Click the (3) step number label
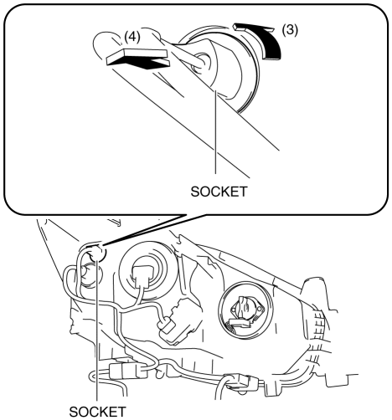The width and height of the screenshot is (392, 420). pyautogui.click(x=290, y=30)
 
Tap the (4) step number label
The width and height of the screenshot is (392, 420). pyautogui.click(x=132, y=37)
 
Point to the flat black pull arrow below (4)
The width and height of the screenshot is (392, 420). pyautogui.click(x=138, y=59)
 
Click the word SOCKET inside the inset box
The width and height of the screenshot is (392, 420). pyautogui.click(x=219, y=192)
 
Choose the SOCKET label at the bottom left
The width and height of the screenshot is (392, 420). pyautogui.click(x=97, y=412)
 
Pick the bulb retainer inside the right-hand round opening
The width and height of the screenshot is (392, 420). pyautogui.click(x=244, y=312)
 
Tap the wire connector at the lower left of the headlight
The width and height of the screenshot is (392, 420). pyautogui.click(x=127, y=371)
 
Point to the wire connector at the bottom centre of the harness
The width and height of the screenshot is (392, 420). pyautogui.click(x=242, y=382)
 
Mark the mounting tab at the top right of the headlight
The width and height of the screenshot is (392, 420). pyautogui.click(x=316, y=291)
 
